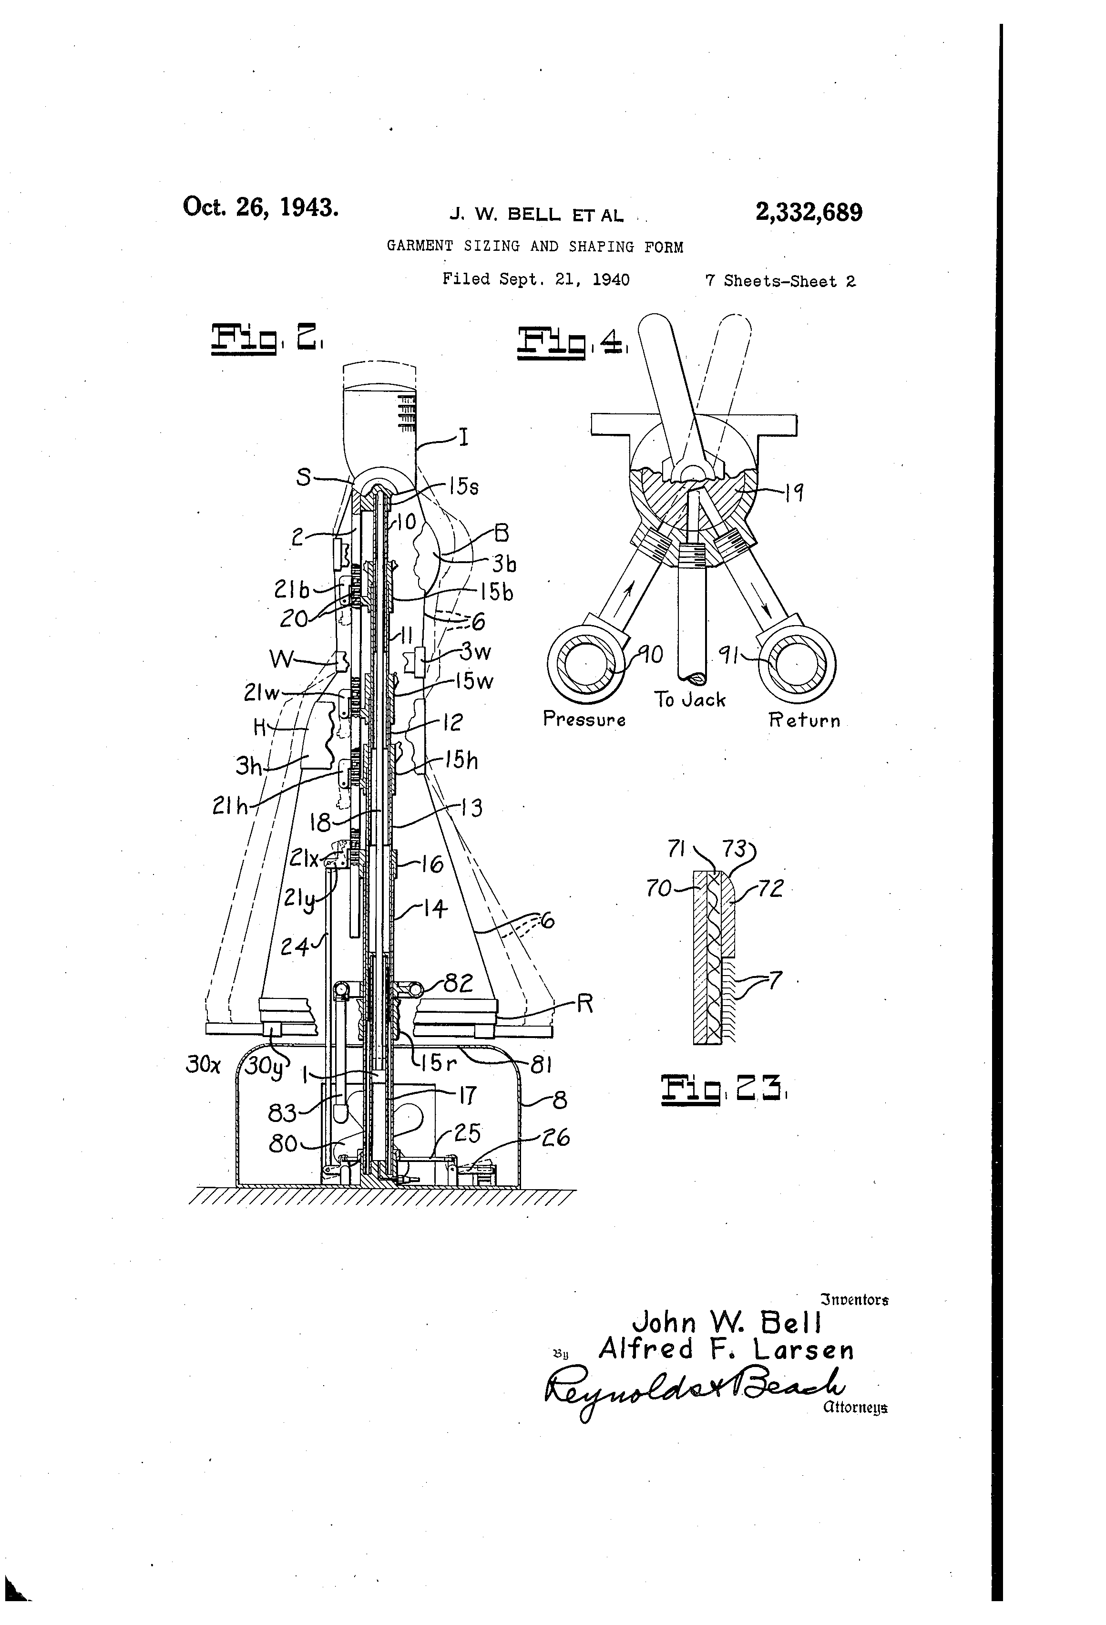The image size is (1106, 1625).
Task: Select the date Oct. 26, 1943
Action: coord(261,207)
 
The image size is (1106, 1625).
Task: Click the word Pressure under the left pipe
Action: coord(584,720)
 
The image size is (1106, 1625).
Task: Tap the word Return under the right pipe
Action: coord(804,720)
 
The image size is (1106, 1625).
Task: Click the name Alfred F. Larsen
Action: coord(726,1349)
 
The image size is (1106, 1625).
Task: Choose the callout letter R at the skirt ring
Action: coord(584,1004)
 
